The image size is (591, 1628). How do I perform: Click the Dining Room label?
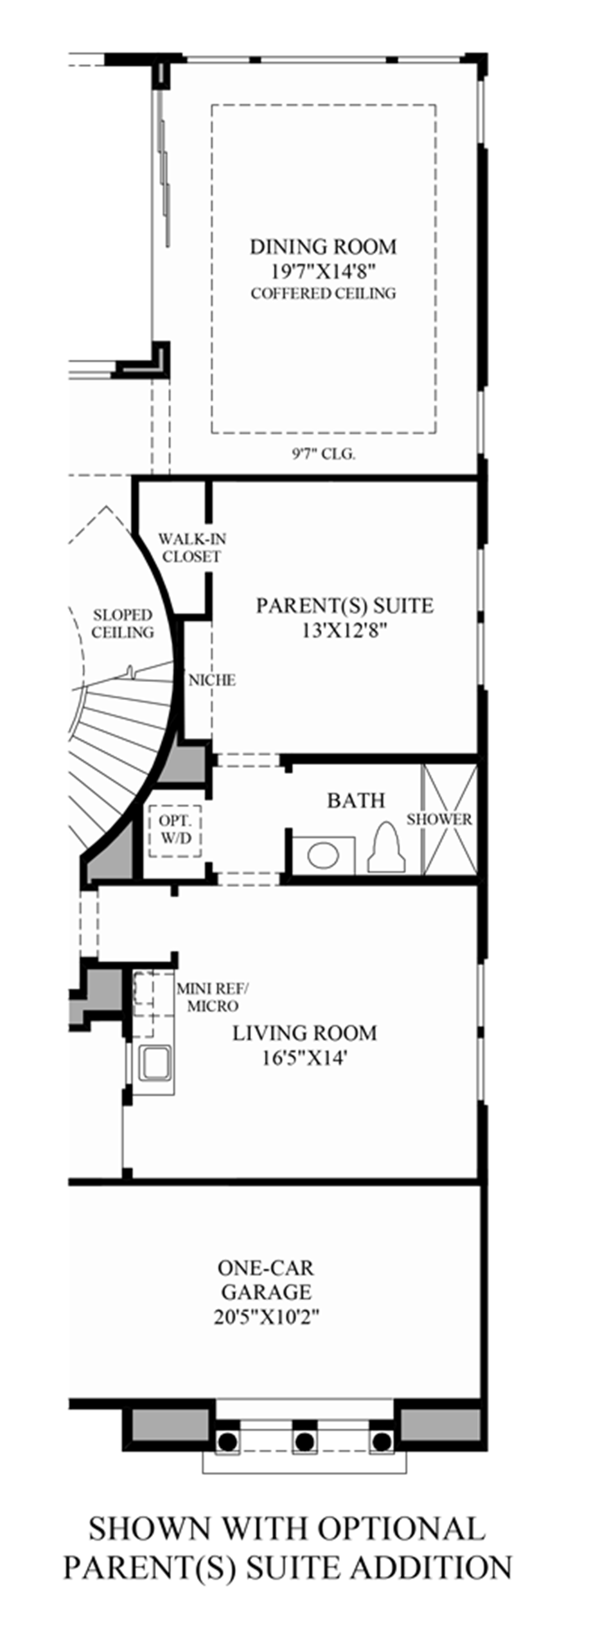click(x=323, y=247)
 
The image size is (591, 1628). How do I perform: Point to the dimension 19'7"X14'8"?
click(x=323, y=271)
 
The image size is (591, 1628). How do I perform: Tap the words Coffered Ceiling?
click(x=323, y=293)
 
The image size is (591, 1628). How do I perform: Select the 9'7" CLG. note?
click(x=323, y=454)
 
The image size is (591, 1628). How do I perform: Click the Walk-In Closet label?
click(x=192, y=547)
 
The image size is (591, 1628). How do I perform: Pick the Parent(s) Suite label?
click(x=345, y=605)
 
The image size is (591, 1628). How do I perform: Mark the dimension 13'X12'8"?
click(x=345, y=631)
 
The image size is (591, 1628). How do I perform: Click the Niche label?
click(x=212, y=679)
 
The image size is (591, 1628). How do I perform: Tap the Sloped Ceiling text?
click(x=122, y=624)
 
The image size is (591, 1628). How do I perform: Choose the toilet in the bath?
click(x=387, y=848)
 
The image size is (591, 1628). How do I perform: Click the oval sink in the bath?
click(x=323, y=855)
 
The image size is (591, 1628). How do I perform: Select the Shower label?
click(x=439, y=819)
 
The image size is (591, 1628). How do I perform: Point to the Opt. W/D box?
click(x=175, y=830)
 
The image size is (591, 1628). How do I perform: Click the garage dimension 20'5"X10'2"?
click(x=267, y=1317)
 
